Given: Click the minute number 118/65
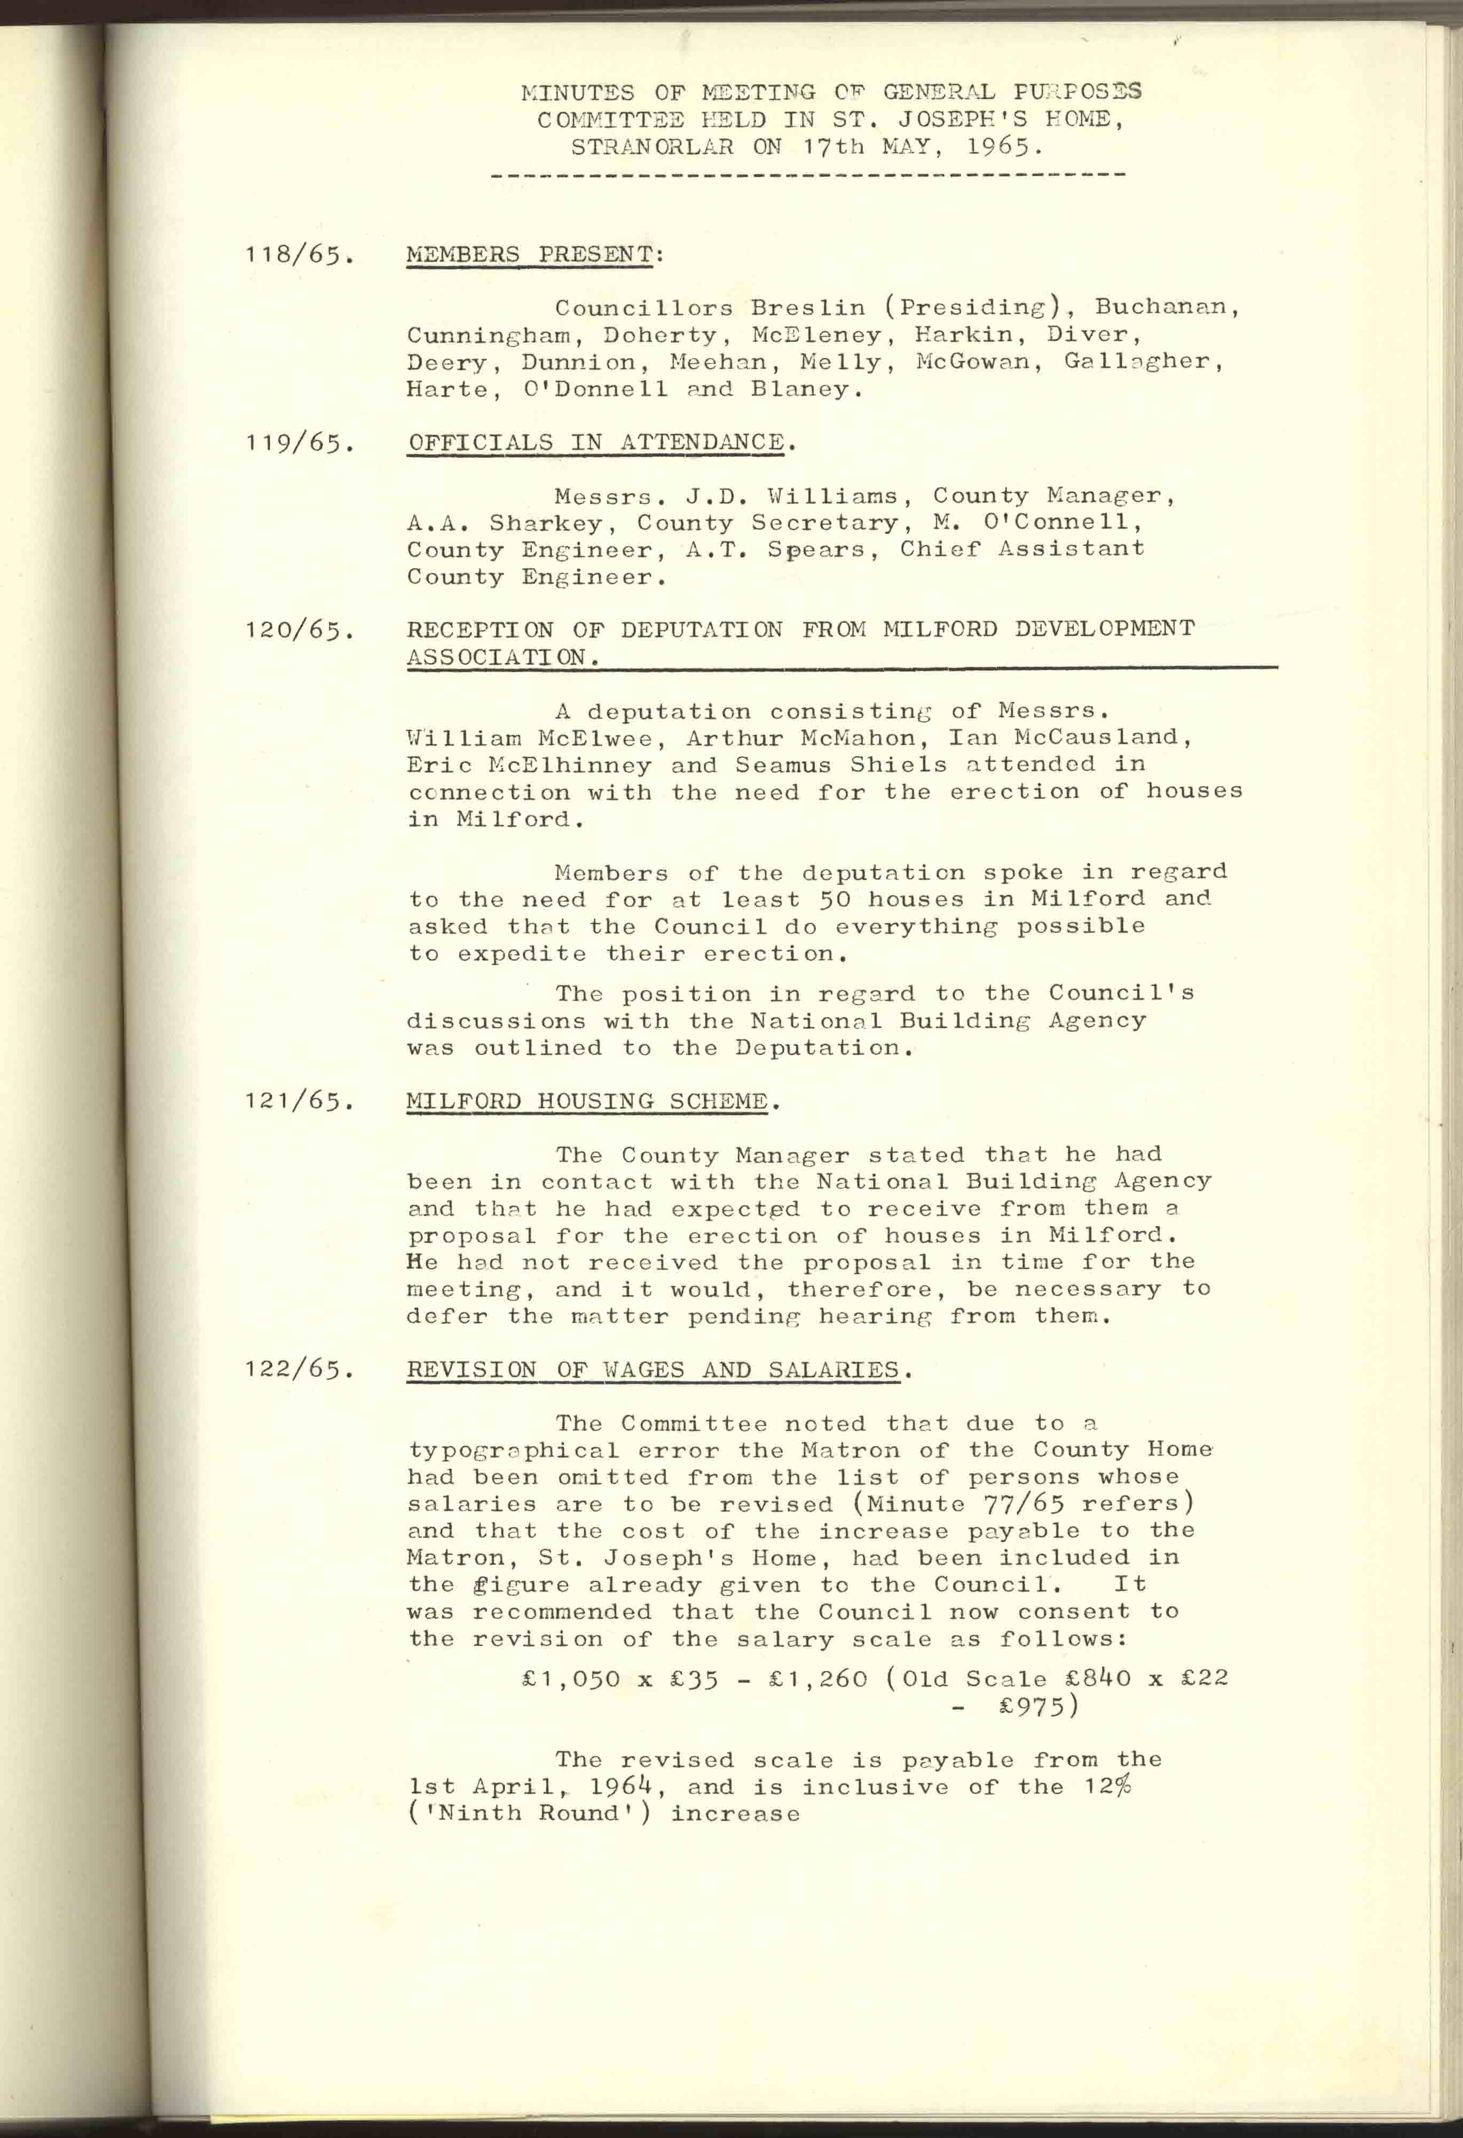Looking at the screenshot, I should tap(299, 255).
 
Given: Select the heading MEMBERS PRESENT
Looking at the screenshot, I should tap(530, 254).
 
